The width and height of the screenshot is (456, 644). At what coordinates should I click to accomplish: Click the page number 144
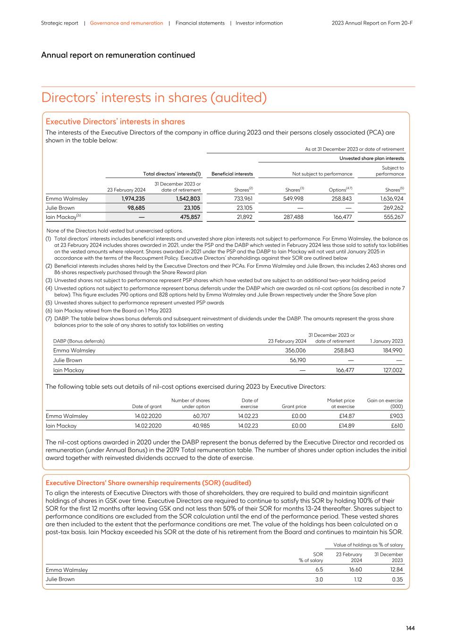point(410,628)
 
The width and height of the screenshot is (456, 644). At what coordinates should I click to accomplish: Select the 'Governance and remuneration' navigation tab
point(127,23)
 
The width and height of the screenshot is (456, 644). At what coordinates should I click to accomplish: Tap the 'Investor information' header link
point(259,23)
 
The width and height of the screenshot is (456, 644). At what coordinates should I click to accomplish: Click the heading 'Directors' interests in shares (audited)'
point(154,98)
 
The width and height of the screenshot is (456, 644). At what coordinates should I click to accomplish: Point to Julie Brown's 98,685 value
point(135,208)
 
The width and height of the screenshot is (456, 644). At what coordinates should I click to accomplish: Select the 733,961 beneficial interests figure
point(244,199)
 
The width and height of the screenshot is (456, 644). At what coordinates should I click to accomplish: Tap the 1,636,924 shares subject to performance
point(391,199)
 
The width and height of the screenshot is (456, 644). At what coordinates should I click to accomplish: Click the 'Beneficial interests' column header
point(232,174)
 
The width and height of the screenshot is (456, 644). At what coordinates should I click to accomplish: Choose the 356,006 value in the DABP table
point(296,351)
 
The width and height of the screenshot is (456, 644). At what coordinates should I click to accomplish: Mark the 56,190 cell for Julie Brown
point(297,360)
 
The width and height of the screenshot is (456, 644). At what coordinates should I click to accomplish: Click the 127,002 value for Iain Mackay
point(393,370)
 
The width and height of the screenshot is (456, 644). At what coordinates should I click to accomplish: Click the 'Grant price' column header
point(294,406)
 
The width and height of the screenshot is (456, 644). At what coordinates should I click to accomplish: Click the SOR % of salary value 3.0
point(319,579)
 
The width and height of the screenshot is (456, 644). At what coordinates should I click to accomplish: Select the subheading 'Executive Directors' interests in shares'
point(115,122)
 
